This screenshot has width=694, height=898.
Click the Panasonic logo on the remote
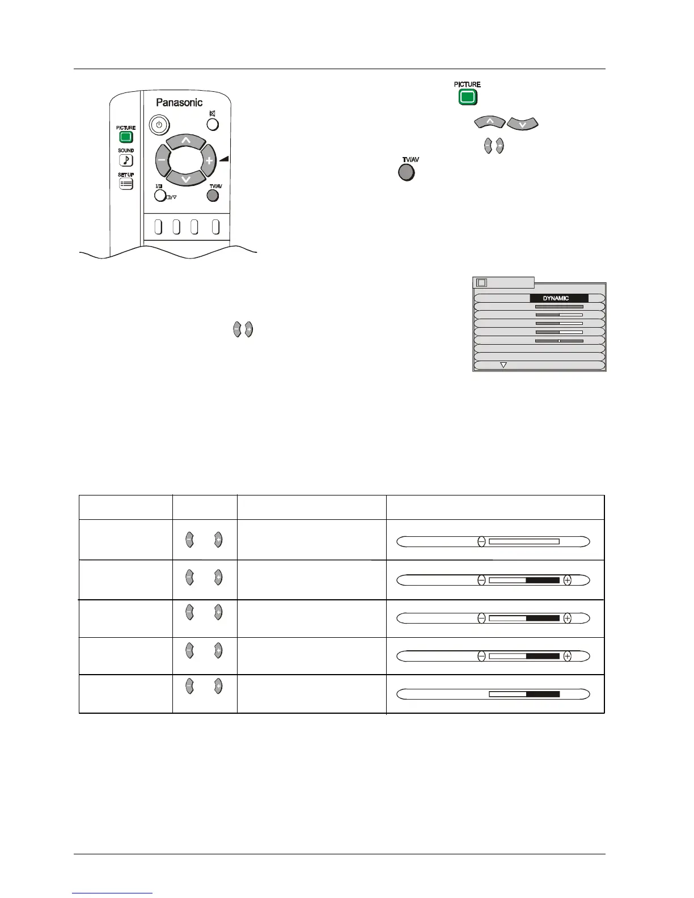(x=179, y=103)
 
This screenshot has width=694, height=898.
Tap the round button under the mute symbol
(x=213, y=125)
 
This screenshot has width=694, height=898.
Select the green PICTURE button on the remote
(x=126, y=137)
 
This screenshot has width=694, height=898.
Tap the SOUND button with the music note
(x=126, y=160)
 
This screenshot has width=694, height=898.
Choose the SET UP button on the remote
(x=126, y=184)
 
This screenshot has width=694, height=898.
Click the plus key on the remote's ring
(x=209, y=160)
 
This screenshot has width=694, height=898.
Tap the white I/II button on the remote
(x=160, y=196)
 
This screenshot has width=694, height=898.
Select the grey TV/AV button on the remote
(x=213, y=196)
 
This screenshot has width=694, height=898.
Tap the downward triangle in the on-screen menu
(x=503, y=365)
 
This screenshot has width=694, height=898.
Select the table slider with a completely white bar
(x=493, y=541)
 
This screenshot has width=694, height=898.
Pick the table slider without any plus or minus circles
(x=493, y=693)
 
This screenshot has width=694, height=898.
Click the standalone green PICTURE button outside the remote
(x=467, y=97)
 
